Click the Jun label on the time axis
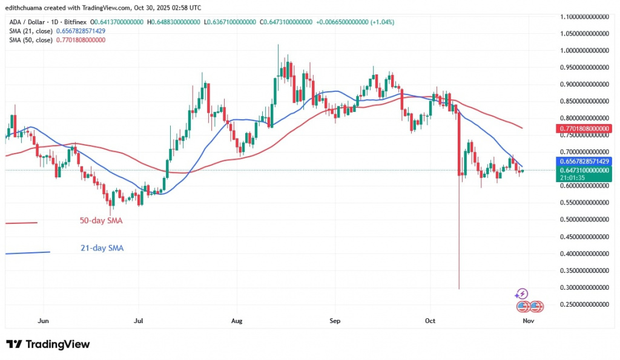[x=42, y=320]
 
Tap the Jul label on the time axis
[x=139, y=320]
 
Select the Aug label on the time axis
[x=237, y=320]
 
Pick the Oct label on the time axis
[x=430, y=320]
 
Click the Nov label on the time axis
[x=527, y=320]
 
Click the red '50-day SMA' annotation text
[x=101, y=221]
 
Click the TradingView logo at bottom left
[x=48, y=344]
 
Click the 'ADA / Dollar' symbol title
[x=25, y=22]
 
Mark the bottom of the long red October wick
[x=459, y=289]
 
